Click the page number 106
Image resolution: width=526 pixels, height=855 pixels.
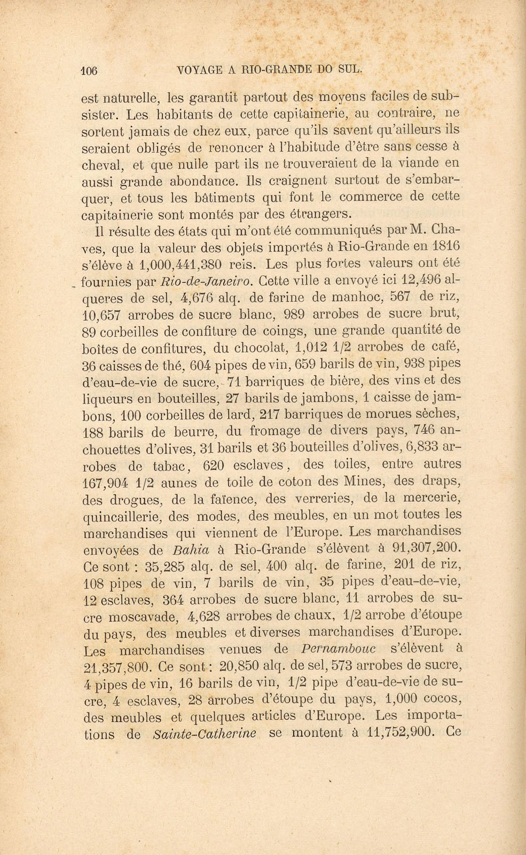point(89,69)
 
